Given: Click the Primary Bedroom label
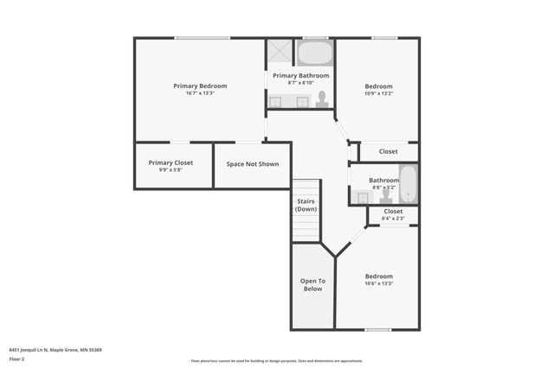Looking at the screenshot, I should pos(200,86).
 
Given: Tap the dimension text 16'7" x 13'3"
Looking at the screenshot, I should pos(200,93).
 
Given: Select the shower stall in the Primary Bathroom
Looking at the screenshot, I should pos(279,52).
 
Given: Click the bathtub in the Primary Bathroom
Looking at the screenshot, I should pos(314,54).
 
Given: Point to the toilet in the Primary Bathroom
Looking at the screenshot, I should pos(322,99).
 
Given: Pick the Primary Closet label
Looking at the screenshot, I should pos(171,162).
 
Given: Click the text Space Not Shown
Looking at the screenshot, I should pos(252,163).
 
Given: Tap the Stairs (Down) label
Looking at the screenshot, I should pos(306,205).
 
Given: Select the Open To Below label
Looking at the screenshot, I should pos(312,284).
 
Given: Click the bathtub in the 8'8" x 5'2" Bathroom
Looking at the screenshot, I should pos(408,184).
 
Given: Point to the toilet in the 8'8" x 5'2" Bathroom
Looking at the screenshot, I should pos(386,195).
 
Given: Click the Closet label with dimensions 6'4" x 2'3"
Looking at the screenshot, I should pos(393,211).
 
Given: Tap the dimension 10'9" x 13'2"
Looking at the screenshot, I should pos(378,93).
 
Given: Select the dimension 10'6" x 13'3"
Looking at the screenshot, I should pos(378,283).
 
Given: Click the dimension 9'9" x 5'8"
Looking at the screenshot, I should pos(171,170).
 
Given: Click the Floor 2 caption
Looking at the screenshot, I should pos(16,358).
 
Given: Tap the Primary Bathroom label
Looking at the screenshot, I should pos(300,76).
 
